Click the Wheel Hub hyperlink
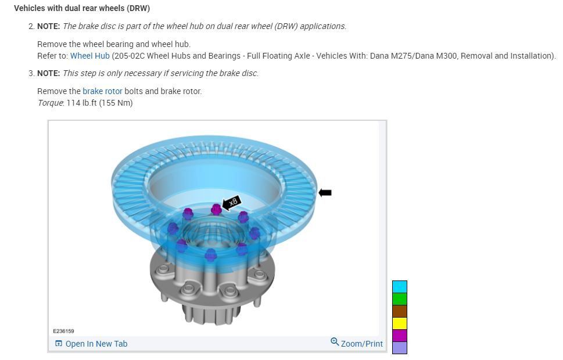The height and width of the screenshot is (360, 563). click(89, 56)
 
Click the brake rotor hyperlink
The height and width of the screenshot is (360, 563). click(102, 91)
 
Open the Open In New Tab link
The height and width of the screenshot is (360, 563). click(91, 344)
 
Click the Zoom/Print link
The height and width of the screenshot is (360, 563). click(361, 344)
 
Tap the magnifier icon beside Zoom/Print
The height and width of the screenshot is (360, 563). click(335, 342)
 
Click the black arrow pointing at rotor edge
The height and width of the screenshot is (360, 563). click(325, 193)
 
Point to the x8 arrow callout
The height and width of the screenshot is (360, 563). click(231, 203)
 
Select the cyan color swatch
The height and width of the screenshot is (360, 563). click(400, 286)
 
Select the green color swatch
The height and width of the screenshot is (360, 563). click(400, 298)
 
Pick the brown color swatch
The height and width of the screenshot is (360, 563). click(400, 311)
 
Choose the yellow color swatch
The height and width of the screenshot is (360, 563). click(400, 323)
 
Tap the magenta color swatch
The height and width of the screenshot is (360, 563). click(400, 335)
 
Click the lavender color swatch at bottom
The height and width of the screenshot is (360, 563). click(400, 347)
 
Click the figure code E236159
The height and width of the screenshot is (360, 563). click(63, 331)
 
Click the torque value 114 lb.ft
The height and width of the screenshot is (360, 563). click(99, 103)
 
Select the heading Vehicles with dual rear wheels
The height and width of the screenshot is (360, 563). click(81, 8)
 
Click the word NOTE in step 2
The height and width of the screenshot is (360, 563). click(48, 26)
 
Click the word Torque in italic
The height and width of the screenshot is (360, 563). click(50, 103)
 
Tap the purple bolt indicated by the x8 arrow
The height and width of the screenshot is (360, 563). click(216, 209)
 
